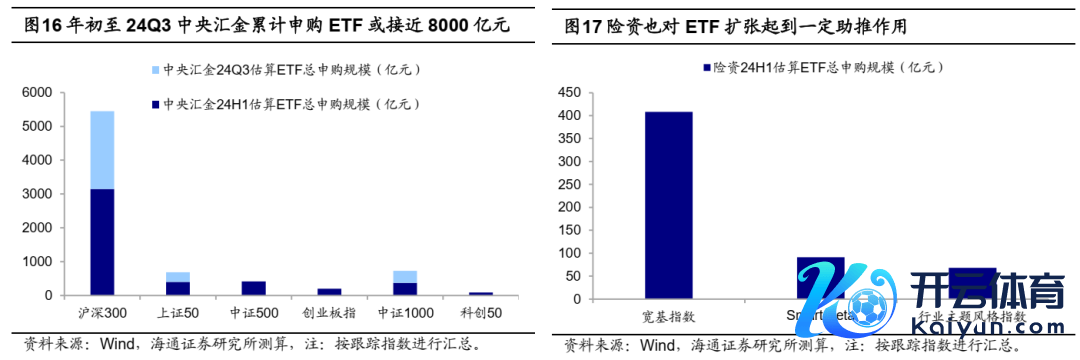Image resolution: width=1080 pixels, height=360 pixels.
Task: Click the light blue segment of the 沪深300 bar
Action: [102, 150]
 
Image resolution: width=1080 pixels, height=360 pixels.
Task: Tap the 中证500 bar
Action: [253, 288]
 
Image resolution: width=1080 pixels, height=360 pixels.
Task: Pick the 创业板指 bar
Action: [329, 292]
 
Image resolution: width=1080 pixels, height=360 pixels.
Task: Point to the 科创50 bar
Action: [481, 293]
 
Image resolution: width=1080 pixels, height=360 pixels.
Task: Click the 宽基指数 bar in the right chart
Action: [668, 205]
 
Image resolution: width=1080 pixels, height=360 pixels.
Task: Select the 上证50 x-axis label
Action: [177, 313]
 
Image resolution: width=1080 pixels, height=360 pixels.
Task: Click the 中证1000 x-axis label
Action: [404, 313]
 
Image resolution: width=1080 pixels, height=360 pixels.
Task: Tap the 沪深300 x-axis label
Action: [101, 313]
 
